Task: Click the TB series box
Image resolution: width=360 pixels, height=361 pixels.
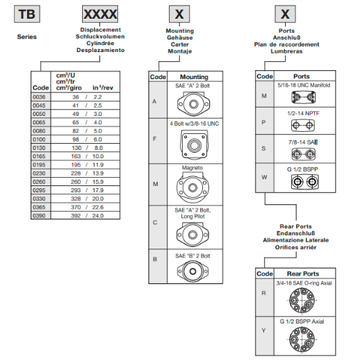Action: [x=27, y=14]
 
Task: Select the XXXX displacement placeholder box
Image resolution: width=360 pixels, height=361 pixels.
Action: [x=100, y=14]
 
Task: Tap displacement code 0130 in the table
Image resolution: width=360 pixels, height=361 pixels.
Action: [x=39, y=148]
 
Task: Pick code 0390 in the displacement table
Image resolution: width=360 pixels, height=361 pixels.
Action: [x=39, y=216]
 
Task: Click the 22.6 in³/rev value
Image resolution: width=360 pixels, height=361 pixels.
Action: [x=98, y=207]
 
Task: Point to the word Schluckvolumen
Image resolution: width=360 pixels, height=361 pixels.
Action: [x=100, y=37]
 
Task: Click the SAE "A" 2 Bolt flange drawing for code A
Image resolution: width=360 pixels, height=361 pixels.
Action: [x=193, y=103]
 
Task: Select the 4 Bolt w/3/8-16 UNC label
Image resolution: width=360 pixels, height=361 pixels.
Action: [x=194, y=124]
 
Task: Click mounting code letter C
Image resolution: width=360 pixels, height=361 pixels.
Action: [x=155, y=223]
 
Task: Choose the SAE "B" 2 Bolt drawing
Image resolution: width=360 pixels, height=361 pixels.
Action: [x=193, y=271]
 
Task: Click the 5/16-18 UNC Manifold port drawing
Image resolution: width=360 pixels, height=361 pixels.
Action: [x=303, y=97]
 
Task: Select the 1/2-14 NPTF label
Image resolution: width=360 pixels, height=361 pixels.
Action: [x=303, y=113]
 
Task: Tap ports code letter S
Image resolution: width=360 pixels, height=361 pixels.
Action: [x=263, y=149]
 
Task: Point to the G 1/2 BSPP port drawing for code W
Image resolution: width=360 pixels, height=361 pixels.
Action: [x=304, y=182]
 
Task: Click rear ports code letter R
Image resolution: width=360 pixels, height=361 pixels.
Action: [x=263, y=293]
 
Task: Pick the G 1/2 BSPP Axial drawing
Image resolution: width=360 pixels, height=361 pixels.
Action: [x=302, y=339]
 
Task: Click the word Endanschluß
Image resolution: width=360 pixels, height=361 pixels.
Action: [x=296, y=233]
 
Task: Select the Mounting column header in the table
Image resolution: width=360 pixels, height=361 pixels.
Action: [x=194, y=77]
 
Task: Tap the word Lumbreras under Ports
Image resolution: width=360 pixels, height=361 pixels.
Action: [x=286, y=51]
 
